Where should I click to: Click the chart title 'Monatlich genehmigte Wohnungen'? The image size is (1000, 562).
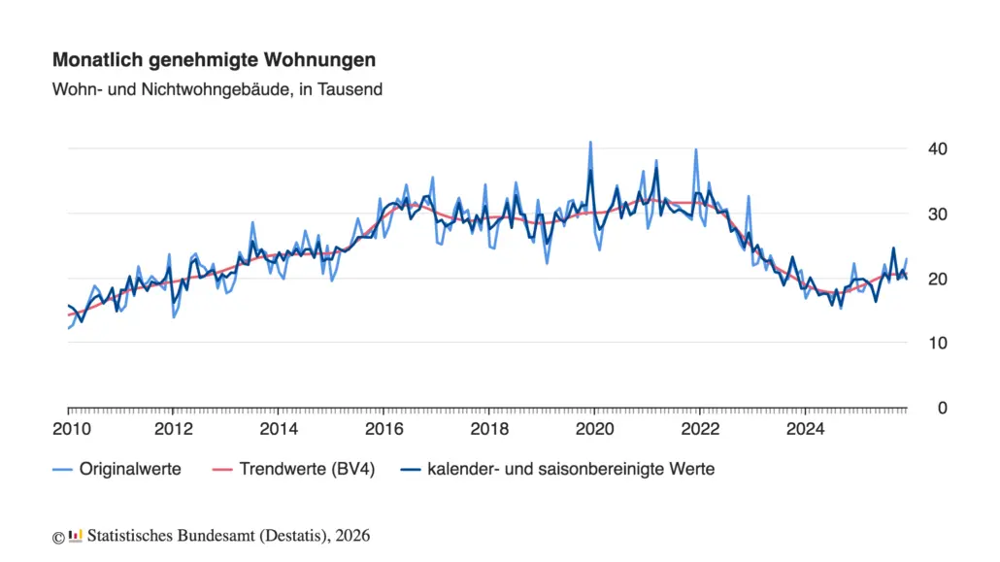point(214,60)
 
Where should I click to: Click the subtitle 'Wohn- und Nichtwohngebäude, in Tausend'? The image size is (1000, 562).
point(217,89)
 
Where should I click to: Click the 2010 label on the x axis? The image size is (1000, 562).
point(68,429)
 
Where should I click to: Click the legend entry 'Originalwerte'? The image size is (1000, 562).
point(130,470)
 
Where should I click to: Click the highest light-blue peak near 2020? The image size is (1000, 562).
point(590,142)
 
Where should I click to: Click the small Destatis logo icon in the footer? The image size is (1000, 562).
point(75,536)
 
